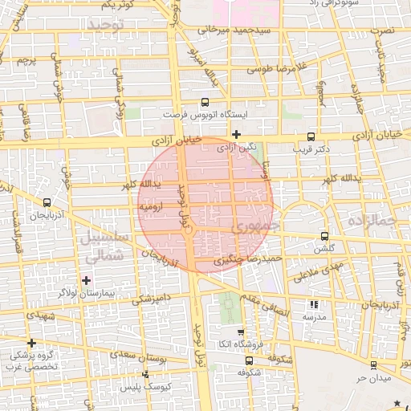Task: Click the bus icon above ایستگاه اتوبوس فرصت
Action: click(x=205, y=103)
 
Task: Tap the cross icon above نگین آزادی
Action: click(x=236, y=134)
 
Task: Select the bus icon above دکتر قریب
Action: click(x=311, y=136)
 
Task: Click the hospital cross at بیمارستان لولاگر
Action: click(x=87, y=280)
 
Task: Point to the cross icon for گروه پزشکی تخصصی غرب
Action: click(x=32, y=343)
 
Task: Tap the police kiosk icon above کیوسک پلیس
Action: click(x=145, y=375)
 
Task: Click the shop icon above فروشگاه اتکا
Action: click(x=241, y=332)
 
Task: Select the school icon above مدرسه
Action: click(x=313, y=305)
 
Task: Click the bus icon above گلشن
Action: click(x=324, y=236)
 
